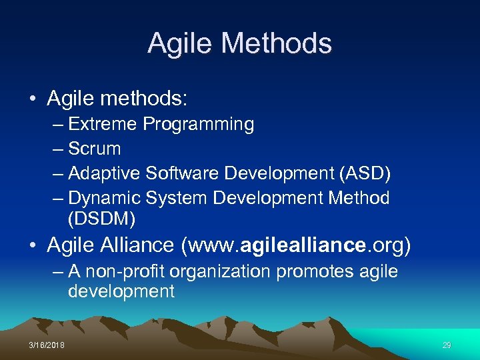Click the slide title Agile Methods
[x=239, y=43]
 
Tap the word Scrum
[x=95, y=149]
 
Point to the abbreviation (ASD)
[x=365, y=173]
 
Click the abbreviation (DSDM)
[x=101, y=218]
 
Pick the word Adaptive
[x=105, y=173]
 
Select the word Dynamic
[x=104, y=198]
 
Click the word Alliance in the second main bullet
[x=139, y=245]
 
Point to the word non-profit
[x=126, y=272]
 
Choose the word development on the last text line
[x=121, y=292]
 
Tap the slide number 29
[x=447, y=345]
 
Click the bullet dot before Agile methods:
[x=33, y=100]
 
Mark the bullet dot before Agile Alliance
[x=33, y=246]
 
